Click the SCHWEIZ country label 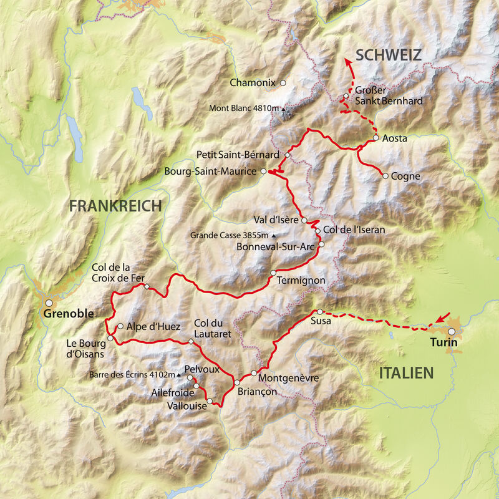[x=389, y=55]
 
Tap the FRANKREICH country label [x=115, y=205]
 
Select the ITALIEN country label [x=405, y=373]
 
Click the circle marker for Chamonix [x=283, y=82]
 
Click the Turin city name [x=443, y=343]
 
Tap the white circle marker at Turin [x=451, y=332]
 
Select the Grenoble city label [x=69, y=314]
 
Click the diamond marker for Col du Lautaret [x=191, y=341]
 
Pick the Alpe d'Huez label [x=153, y=326]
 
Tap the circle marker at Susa [x=319, y=312]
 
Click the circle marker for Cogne [x=385, y=176]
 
